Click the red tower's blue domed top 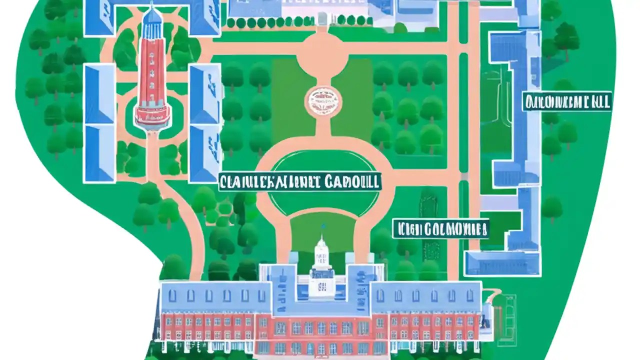(152, 16)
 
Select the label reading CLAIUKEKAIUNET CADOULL (299, 181)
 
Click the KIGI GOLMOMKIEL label (440, 229)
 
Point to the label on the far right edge (566, 102)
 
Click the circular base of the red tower (152, 115)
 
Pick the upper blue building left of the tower (99, 93)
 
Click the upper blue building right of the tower (205, 93)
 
